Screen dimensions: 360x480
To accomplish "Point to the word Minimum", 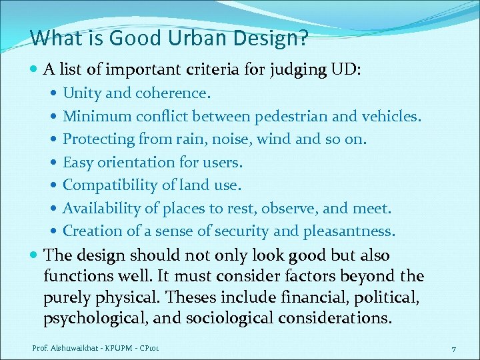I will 97,117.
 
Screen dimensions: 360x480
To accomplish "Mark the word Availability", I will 101,208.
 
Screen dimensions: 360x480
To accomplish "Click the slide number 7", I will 453,349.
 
